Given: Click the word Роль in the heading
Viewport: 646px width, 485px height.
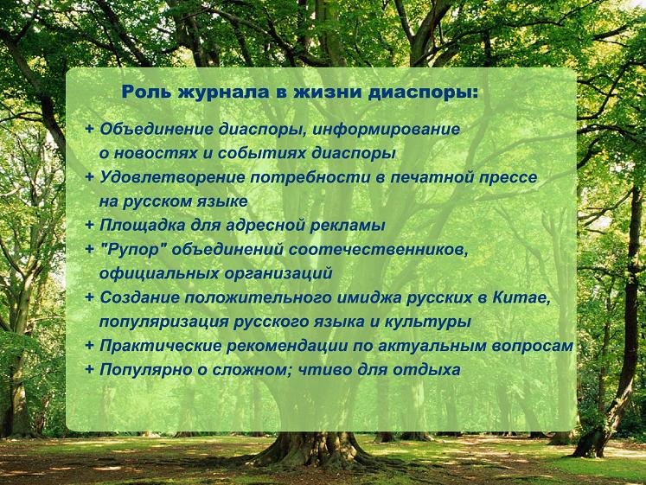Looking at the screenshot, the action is point(146,92).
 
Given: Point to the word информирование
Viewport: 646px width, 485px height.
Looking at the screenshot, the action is point(386,130).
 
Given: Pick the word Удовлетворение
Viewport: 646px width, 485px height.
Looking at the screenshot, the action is point(173,177).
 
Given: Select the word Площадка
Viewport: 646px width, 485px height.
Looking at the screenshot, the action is point(142,225).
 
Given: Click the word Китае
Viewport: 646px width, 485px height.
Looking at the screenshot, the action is point(521,297).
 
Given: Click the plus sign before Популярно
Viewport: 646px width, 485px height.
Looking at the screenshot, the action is point(89,369).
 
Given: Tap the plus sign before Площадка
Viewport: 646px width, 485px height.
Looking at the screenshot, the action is point(89,225).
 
